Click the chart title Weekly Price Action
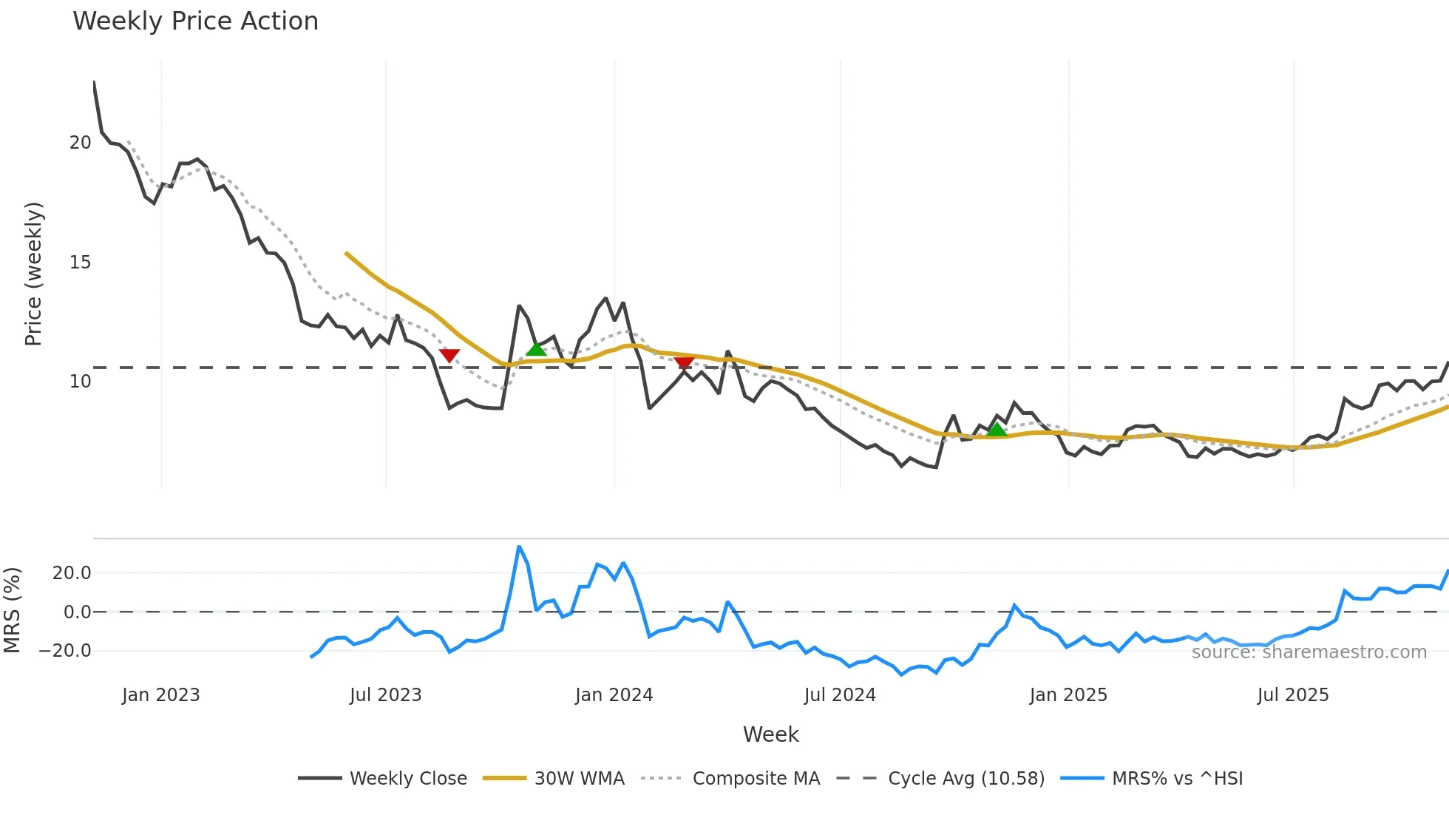point(195,21)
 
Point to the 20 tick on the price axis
point(80,143)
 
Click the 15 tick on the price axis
point(80,263)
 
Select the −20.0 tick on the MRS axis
point(65,652)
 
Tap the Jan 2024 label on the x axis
point(614,695)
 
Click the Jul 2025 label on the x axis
point(1292,695)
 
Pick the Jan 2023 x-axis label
point(160,695)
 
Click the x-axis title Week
point(770,734)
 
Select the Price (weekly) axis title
point(34,274)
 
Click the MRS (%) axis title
point(13,610)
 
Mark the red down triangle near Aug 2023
point(449,356)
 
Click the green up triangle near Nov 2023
point(536,349)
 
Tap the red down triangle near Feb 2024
point(684,362)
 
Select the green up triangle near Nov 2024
point(997,430)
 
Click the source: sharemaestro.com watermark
point(1309,652)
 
